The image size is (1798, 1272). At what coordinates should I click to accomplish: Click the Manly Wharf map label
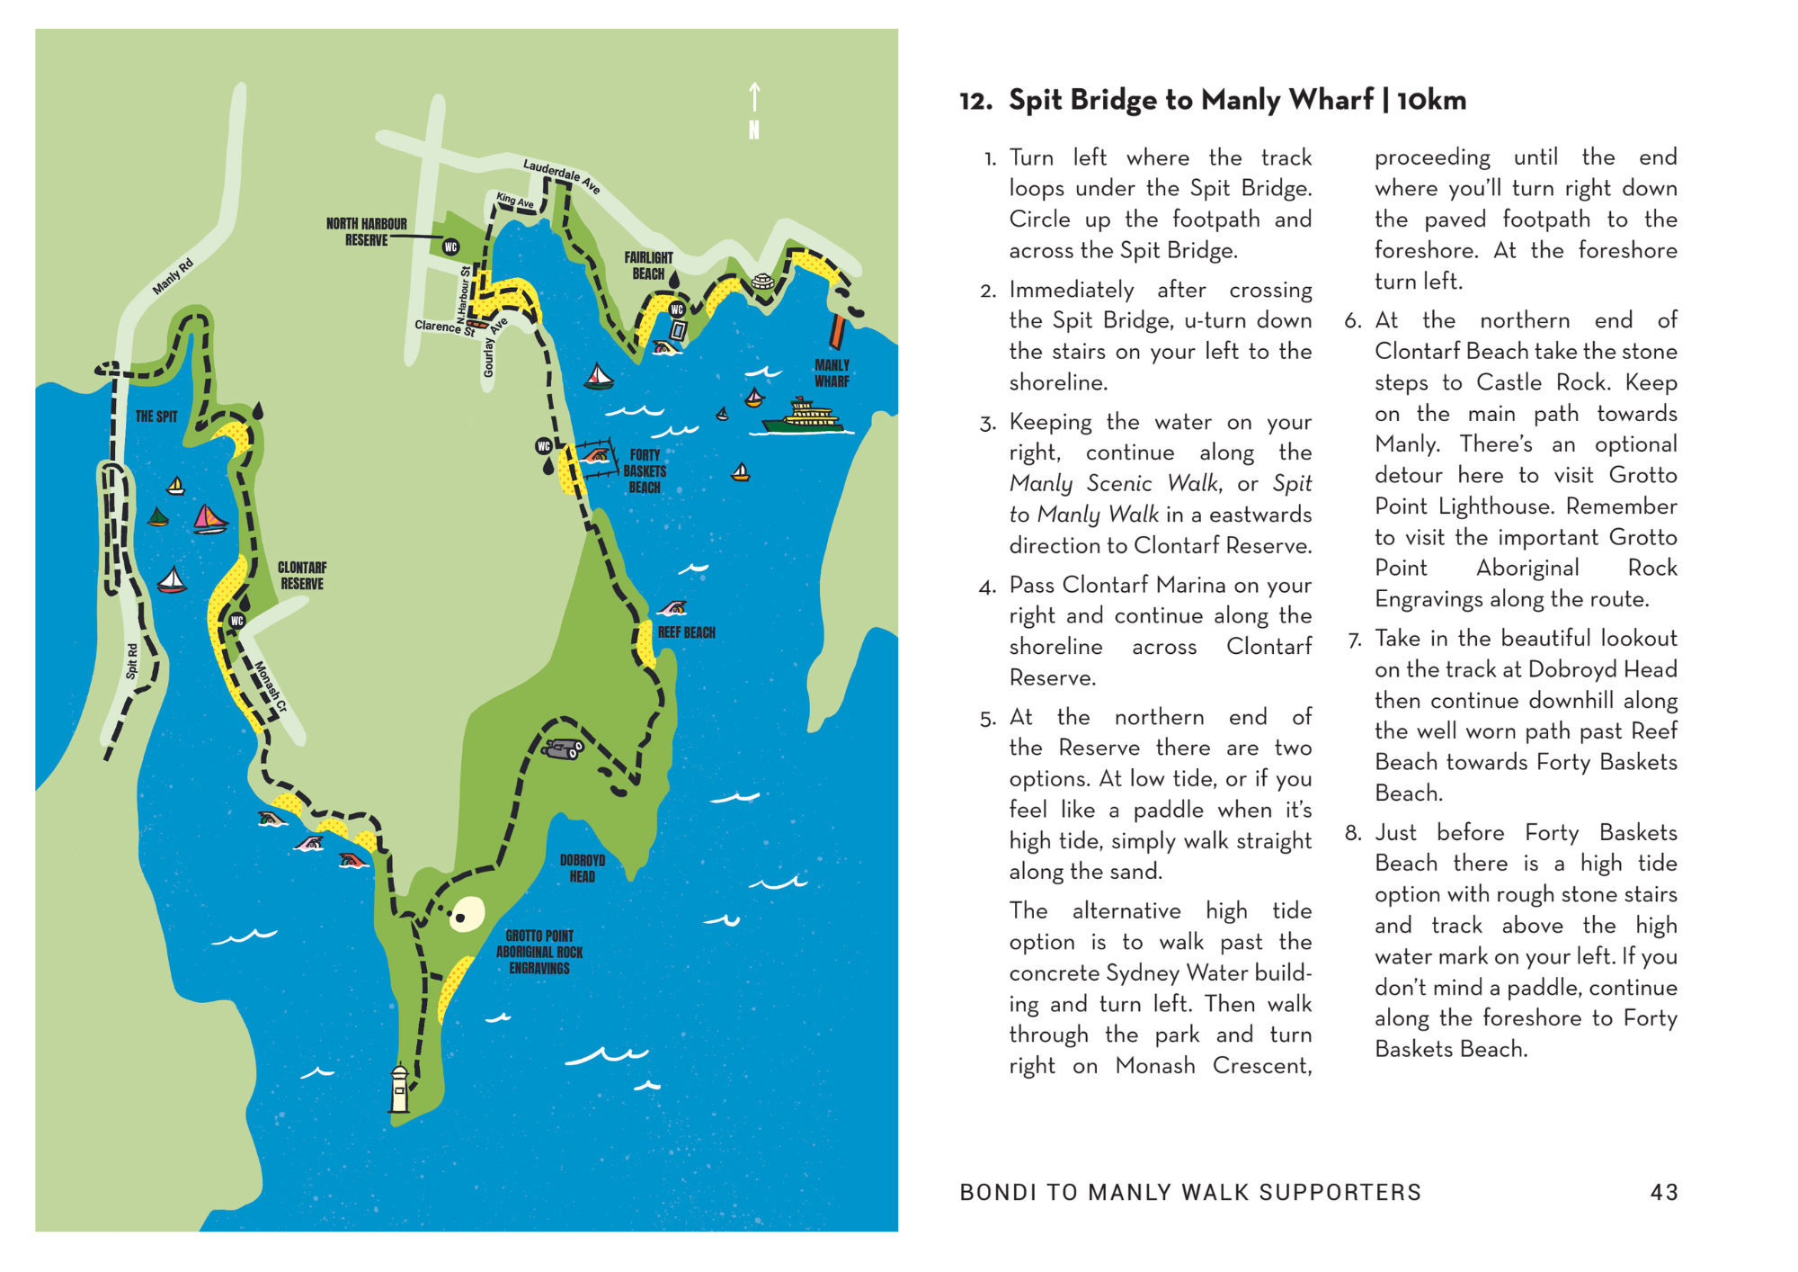click(832, 373)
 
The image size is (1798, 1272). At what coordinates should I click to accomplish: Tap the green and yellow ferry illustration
click(803, 417)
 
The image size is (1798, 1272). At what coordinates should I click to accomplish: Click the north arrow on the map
click(754, 111)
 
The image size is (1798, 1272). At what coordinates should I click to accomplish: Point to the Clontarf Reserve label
click(302, 576)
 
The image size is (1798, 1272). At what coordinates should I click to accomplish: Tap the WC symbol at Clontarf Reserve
click(237, 621)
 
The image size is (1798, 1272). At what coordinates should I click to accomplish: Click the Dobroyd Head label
click(583, 868)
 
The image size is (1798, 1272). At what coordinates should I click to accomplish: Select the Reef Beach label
click(686, 632)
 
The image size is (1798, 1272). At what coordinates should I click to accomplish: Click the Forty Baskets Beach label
click(645, 471)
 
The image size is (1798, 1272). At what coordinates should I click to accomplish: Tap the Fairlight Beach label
click(648, 265)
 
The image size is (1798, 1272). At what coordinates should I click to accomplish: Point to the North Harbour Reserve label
click(366, 232)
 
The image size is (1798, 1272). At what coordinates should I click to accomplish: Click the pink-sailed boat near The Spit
click(209, 519)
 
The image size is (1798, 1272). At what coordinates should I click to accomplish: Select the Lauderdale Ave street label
click(561, 175)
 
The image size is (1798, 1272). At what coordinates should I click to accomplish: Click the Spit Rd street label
click(132, 661)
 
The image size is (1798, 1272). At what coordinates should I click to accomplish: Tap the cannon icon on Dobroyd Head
click(564, 748)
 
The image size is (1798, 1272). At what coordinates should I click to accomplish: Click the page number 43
click(1664, 1193)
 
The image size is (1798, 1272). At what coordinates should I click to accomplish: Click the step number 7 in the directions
click(1355, 640)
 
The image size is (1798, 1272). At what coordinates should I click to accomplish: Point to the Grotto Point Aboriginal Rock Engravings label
click(539, 952)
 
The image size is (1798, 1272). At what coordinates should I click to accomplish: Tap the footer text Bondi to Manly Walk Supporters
click(1190, 1193)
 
